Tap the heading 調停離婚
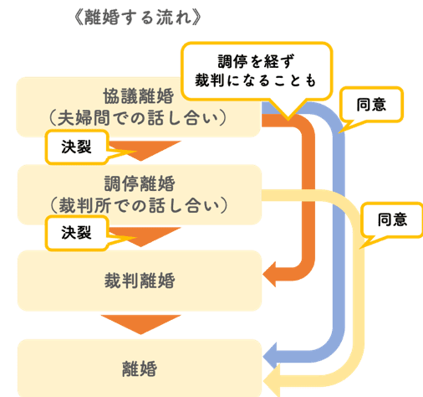point(139,182)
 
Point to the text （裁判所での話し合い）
point(139,204)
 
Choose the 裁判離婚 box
point(139,277)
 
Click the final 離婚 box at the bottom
point(139,368)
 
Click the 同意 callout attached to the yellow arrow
point(392,220)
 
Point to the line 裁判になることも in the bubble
point(257,81)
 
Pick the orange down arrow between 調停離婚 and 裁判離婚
point(139,238)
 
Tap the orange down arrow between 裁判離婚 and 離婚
point(139,322)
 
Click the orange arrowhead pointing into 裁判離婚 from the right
point(273,271)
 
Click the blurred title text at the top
point(137,16)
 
